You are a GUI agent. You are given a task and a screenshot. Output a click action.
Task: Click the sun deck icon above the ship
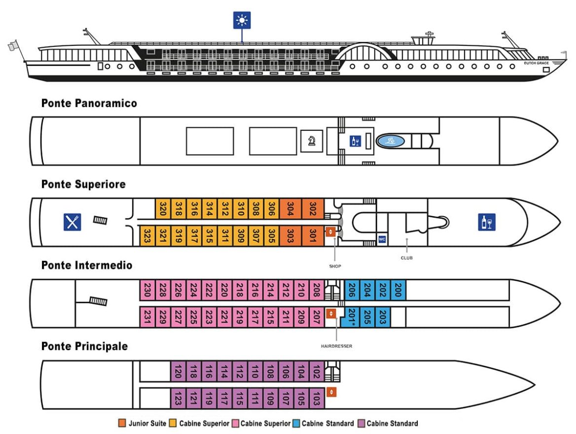coord(242,20)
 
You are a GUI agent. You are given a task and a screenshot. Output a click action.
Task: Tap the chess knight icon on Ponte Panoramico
coord(312,141)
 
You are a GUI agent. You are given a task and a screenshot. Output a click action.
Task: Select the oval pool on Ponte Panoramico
coord(391,141)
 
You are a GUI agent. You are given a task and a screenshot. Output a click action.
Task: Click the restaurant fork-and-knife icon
coord(72,222)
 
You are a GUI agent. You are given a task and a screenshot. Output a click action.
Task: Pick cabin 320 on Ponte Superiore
coord(163,210)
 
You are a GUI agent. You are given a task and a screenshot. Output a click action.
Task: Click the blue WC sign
coord(382,239)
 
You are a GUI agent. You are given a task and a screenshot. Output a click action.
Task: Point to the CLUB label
coord(407,257)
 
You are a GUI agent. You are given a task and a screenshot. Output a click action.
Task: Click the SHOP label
coord(335,266)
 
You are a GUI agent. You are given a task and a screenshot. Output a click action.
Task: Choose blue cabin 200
coord(398,290)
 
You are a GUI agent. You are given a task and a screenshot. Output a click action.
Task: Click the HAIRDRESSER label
coord(336,346)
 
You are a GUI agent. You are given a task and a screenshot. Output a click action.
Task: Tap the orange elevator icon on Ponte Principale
coord(332,392)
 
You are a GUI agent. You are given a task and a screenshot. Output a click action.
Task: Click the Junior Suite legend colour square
coord(122,423)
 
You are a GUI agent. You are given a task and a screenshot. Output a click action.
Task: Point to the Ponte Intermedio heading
coord(87,265)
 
